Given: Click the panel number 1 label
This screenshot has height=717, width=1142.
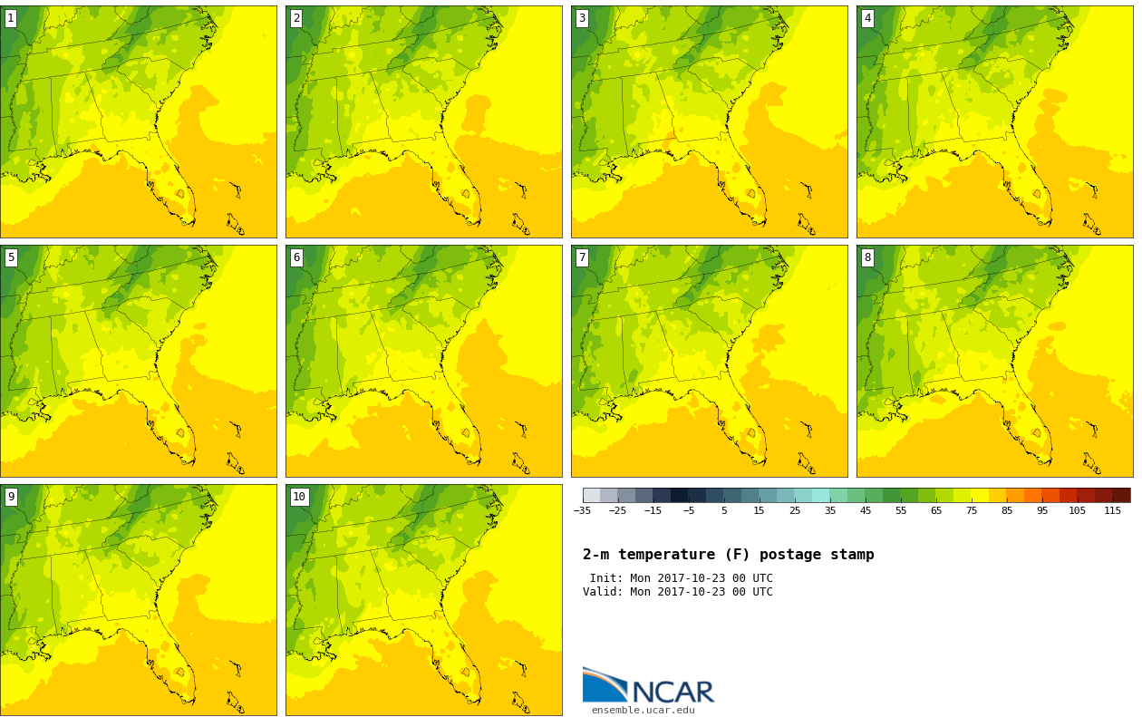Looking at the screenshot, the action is pos(11,19).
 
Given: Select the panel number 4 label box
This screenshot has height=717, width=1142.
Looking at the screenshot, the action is pos(867,19).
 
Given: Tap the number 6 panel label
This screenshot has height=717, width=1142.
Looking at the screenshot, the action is pos(296,257).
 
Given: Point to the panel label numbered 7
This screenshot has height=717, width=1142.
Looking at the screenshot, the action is pos(582,257).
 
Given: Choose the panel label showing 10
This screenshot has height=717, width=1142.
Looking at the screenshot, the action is pos(299,497).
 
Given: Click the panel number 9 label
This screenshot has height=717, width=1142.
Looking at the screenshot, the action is pos(11,497).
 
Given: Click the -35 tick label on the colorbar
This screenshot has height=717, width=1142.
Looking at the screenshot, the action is pos(582,510).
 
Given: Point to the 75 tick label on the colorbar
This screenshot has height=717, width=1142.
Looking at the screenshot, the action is pos(972,510).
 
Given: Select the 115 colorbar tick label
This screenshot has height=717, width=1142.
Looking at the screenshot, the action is pos(1112,510).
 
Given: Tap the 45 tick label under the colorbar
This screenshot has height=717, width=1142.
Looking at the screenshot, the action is pos(866,510).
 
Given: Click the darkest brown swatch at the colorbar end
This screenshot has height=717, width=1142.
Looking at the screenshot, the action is pos(1122,495).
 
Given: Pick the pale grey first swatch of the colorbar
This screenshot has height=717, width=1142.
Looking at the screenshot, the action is pos(591,495).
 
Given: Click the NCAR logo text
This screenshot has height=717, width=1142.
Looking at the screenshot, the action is pos(673,692).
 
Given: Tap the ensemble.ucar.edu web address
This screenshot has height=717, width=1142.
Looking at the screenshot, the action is pos(643,710).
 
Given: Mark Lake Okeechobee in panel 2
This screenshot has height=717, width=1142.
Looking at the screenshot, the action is pos(466,194).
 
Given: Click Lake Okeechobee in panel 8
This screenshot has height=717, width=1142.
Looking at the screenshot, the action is pos(1037,433).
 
